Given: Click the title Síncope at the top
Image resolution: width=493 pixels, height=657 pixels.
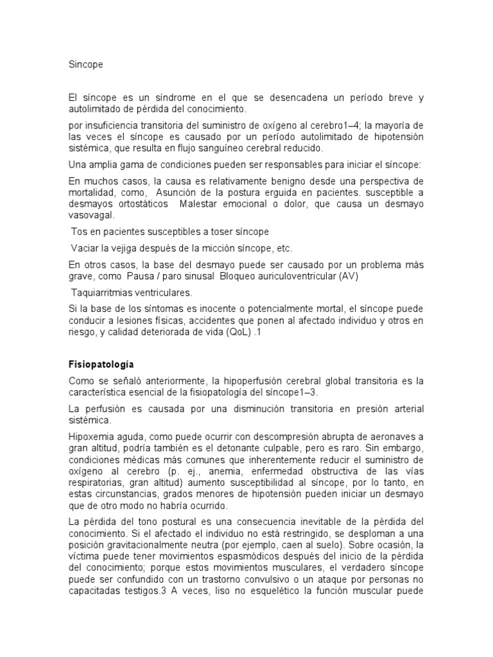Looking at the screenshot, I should click(85, 65).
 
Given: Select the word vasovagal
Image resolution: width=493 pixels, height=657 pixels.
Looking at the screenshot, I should click(90, 216).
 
